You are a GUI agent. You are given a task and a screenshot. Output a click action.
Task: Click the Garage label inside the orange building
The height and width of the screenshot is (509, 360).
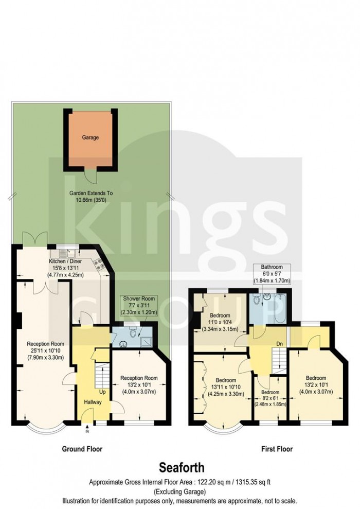tap(90, 138)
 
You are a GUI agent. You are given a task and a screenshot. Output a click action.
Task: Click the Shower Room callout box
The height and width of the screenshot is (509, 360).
tap(137, 305)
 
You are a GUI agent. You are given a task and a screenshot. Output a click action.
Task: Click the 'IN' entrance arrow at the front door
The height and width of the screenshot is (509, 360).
tap(87, 429)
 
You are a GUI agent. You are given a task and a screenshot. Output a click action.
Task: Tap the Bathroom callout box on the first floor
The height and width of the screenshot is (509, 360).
tap(272, 274)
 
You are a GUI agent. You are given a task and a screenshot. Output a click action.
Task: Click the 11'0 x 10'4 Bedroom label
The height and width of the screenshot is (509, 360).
tap(219, 322)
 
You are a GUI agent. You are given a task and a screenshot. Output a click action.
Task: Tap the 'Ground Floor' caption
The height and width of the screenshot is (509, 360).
tap(82, 449)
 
